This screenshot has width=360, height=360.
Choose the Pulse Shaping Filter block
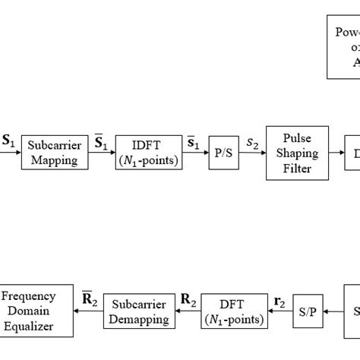point(296,152)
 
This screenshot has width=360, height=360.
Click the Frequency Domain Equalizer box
point(37,311)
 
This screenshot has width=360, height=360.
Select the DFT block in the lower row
point(233,311)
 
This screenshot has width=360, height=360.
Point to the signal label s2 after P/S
point(251,142)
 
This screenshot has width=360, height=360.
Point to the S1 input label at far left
point(8,140)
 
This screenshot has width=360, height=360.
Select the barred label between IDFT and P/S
point(195,141)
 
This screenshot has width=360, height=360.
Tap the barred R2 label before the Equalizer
point(89,301)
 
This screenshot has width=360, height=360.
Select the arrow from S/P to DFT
point(281,312)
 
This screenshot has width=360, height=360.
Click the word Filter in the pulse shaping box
point(296,169)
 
